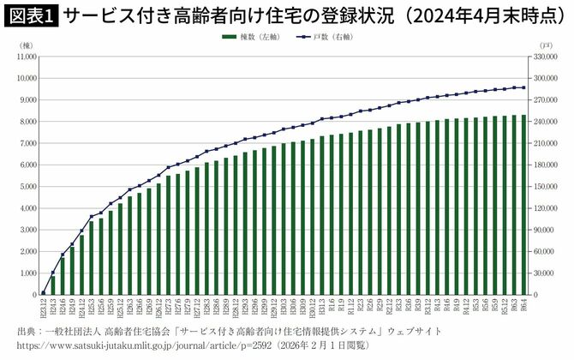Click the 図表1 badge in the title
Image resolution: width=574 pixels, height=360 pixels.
[x=30, y=15]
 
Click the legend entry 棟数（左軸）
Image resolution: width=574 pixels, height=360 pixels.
[x=250, y=37]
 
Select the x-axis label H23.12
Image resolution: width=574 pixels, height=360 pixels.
[x=44, y=308]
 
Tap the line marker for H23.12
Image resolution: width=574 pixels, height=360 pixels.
[x=44, y=292]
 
